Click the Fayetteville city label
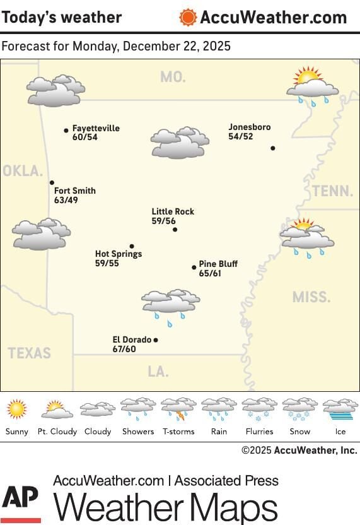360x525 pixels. pos(95,128)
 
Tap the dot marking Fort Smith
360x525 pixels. pos(52,182)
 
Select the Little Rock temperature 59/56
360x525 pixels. pos(163,221)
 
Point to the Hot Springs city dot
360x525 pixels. pos(132,246)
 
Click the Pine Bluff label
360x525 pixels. pos(218,264)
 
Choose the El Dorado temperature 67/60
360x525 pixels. pos(124,349)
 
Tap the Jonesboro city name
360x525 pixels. pos(249,127)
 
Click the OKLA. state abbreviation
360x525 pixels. pos(23,171)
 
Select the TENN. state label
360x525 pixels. pos(332,191)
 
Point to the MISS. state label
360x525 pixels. pos(311,297)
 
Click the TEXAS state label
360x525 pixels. pos(30,353)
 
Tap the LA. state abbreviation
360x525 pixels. pos(158,372)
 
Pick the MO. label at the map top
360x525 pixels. pos(173,77)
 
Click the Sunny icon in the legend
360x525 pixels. pos(16,410)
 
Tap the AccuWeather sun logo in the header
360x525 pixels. pos(187,17)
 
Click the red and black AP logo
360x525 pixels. pos(21,502)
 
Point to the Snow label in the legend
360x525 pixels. pos(299,432)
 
